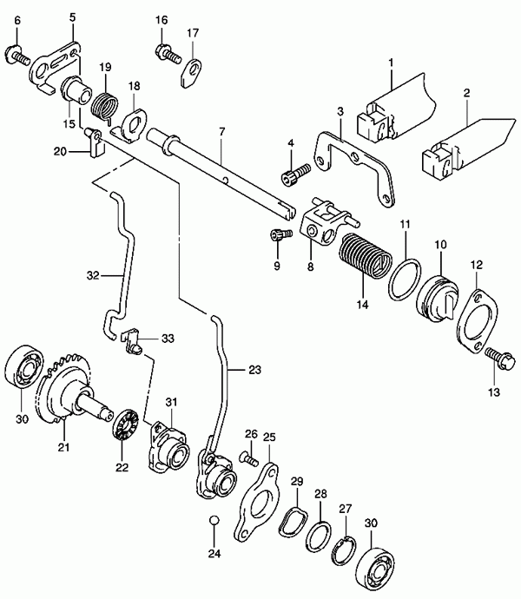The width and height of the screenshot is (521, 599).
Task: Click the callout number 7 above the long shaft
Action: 222,132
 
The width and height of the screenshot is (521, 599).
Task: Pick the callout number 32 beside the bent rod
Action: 93,275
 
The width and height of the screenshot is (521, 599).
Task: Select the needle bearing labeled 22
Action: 127,425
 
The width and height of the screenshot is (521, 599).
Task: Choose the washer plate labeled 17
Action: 191,73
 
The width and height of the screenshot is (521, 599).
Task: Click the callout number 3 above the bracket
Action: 340,111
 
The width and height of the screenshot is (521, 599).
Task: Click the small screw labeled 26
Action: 249,457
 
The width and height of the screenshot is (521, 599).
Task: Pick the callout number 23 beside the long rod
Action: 254,370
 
